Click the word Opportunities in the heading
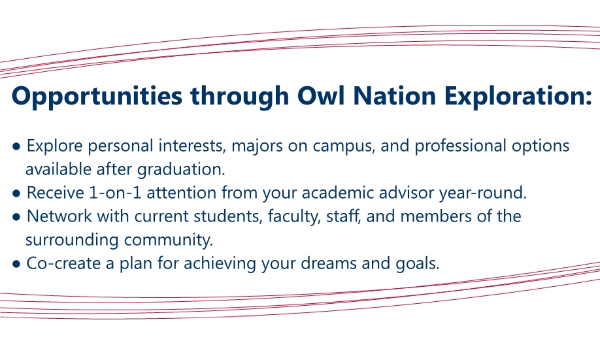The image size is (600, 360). click(97, 96)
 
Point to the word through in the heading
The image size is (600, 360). click(239, 96)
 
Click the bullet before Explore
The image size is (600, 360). click(16, 146)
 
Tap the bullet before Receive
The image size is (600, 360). click(16, 193)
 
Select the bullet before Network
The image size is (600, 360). click(16, 218)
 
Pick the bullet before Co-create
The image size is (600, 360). click(16, 264)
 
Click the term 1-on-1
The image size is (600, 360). click(115, 193)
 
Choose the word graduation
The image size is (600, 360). click(182, 170)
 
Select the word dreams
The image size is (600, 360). click(329, 263)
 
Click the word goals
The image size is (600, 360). click(418, 264)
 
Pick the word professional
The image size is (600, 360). click(461, 146)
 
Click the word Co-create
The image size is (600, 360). click(63, 263)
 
